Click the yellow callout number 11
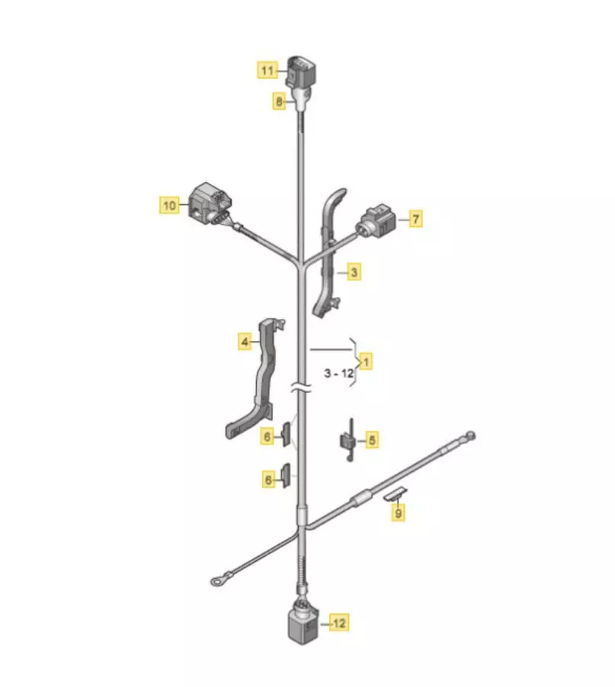267,70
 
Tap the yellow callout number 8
279,101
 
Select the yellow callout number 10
169,205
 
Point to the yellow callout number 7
415,218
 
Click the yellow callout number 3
354,272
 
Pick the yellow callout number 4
245,342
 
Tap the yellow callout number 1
366,362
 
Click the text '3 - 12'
339,373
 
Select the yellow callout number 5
372,440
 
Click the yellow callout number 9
398,512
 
